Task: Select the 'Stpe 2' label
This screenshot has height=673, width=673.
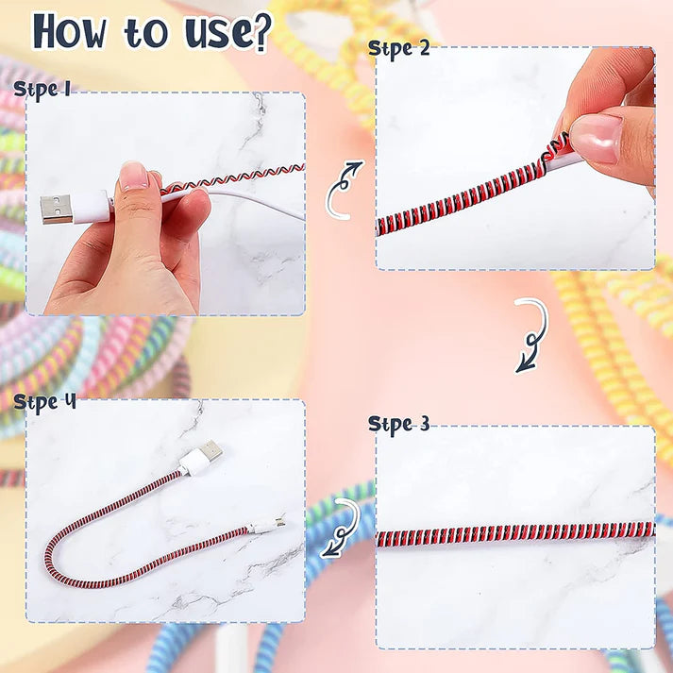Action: [398, 48]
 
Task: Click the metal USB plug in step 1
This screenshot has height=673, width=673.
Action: [56, 209]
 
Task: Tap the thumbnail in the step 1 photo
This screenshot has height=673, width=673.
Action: [134, 176]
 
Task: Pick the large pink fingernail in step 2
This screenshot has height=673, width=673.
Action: [596, 137]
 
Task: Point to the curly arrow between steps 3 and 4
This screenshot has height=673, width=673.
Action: [346, 528]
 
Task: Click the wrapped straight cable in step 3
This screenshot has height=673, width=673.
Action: [514, 534]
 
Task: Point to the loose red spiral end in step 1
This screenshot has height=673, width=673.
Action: [274, 171]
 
